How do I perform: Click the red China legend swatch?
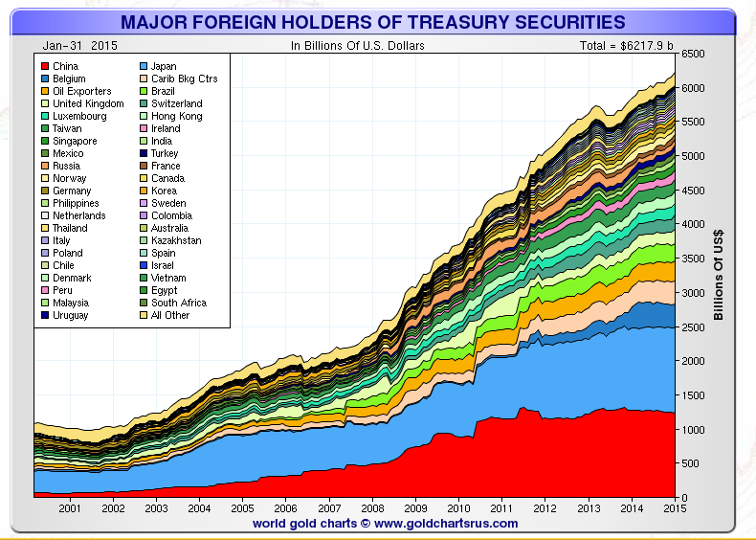click(x=44, y=66)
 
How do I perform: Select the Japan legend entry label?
click(x=165, y=66)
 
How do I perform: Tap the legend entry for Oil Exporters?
click(x=81, y=91)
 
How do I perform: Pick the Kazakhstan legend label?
click(x=177, y=240)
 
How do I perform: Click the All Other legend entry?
click(x=170, y=315)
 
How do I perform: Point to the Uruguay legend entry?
click(x=73, y=315)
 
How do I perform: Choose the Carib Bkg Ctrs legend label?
click(x=184, y=79)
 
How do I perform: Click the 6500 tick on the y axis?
click(x=693, y=55)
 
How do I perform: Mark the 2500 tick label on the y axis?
click(x=693, y=327)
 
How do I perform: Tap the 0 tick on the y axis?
click(x=685, y=497)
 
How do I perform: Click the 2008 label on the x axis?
click(x=372, y=508)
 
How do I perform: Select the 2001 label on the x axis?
click(x=69, y=508)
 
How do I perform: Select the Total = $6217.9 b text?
click(x=626, y=45)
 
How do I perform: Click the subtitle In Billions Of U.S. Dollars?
click(x=358, y=45)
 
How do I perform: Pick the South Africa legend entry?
click(x=178, y=303)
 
